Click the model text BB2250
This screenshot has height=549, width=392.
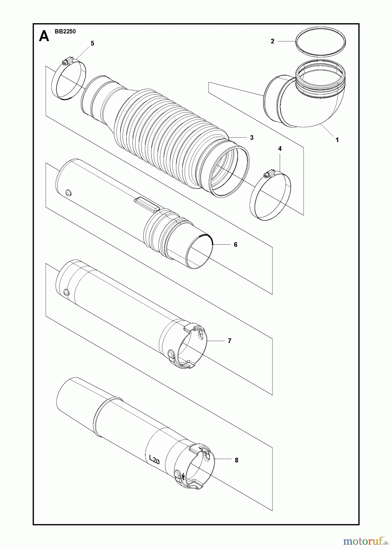click(65, 31)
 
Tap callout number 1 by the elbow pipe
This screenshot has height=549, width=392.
click(337, 140)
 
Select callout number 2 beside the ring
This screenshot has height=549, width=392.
click(273, 41)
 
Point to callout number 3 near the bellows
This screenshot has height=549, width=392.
click(252, 138)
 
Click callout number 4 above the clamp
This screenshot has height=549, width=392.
click(280, 149)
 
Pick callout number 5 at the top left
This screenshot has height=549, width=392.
click(92, 44)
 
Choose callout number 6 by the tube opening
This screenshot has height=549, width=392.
click(236, 245)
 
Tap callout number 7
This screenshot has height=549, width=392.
click(229, 341)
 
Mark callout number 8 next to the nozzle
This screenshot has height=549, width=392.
click(236, 460)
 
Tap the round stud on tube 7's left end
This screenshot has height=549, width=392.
click(65, 292)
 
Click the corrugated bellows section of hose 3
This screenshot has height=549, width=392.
click(171, 131)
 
